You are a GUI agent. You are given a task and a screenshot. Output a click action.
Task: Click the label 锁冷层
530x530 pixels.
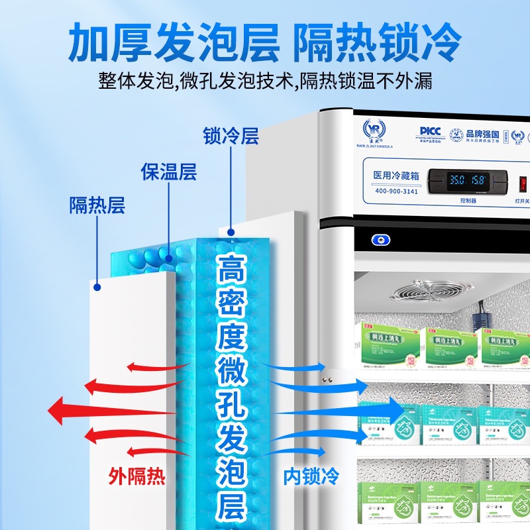(231, 136)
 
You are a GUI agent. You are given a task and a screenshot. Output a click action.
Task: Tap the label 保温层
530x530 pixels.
(169, 172)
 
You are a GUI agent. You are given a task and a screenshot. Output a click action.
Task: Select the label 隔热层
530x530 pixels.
(97, 205)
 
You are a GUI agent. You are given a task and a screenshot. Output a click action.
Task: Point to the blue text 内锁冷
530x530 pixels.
(311, 476)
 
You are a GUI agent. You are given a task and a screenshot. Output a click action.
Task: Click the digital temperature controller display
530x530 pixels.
(468, 180)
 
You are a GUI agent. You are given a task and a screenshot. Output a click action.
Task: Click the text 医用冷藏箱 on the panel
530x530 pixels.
(396, 176)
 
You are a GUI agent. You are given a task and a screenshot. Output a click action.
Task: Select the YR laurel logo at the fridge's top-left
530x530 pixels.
(374, 129)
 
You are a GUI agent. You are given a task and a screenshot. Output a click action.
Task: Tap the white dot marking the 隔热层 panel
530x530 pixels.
(97, 287)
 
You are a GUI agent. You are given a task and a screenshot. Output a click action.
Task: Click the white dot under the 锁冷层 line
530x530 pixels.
(231, 233)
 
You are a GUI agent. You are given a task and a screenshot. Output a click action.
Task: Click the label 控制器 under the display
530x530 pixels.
(468, 199)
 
